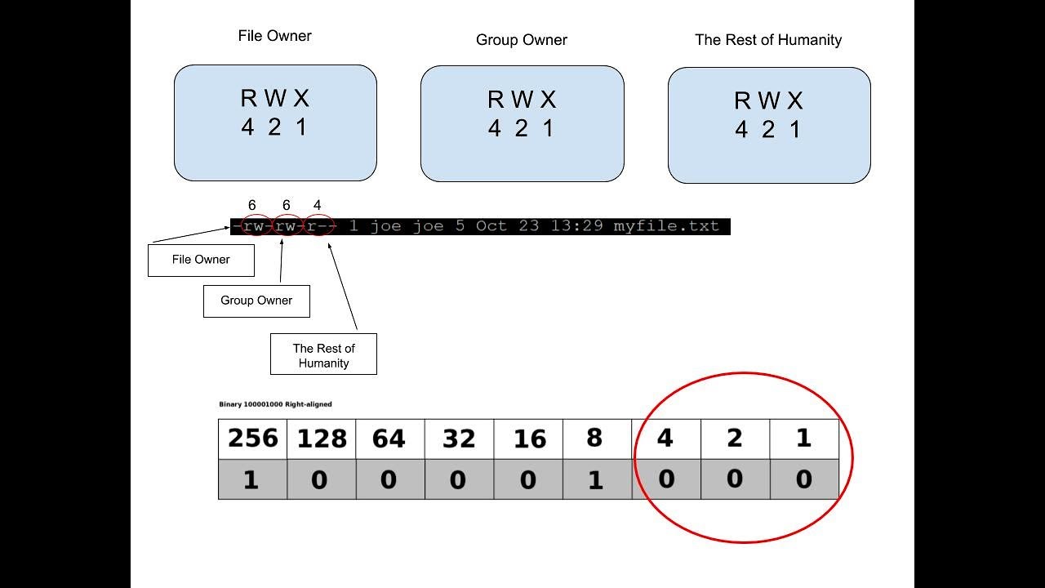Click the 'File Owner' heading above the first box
point(274,36)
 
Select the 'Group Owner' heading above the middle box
point(521,40)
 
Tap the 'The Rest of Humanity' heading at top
point(767,40)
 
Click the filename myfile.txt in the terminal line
point(665,226)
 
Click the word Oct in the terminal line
point(491,226)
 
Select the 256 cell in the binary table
point(252,439)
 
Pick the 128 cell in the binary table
point(322,439)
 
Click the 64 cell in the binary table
point(389,439)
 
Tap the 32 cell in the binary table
point(459,439)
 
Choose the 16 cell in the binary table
point(528,439)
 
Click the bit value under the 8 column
point(596,479)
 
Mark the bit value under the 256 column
point(251,479)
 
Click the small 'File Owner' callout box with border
point(201,260)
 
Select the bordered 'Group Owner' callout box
point(256,301)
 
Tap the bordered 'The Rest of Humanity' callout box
point(323,354)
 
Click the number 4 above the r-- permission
point(318,206)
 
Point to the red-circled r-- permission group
point(320,226)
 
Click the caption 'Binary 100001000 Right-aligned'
point(276,404)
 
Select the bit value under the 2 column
point(735,479)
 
